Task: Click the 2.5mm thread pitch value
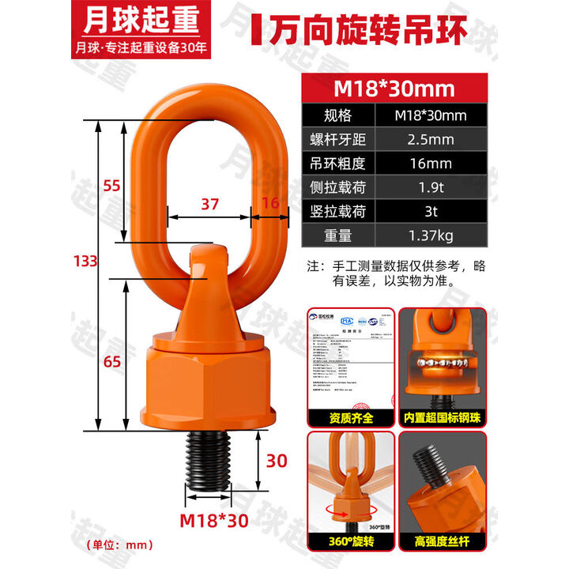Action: tap(431, 141)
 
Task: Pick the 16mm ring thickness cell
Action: tap(431, 164)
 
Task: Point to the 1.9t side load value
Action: tap(431, 188)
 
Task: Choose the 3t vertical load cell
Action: tap(431, 212)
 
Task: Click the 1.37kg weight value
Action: tap(431, 236)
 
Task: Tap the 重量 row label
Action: tap(337, 236)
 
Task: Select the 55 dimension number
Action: tap(113, 186)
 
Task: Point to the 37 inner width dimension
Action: tap(209, 203)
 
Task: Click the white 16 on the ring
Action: tap(269, 203)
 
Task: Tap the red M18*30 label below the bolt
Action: tap(209, 521)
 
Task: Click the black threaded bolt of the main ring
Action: tap(209, 462)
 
